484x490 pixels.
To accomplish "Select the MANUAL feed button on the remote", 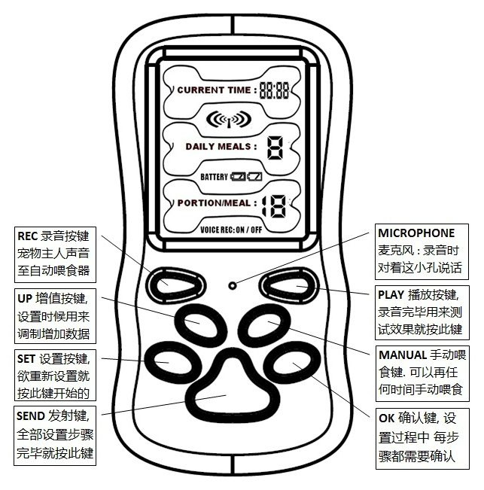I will coord(266,326).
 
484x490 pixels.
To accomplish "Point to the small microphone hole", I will coord(233,285).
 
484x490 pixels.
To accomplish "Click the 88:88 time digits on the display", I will coord(275,90).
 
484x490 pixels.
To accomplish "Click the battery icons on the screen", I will coord(245,176).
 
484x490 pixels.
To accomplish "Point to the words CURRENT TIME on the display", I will coord(214,90).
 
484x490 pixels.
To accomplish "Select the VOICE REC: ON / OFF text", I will coord(230,229).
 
